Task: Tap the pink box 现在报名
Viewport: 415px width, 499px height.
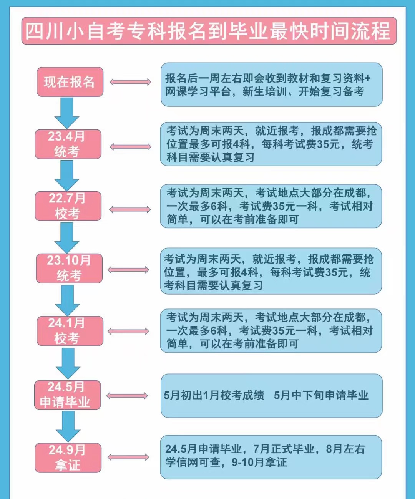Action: (x=70, y=82)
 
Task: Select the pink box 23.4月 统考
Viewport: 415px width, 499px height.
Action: (x=68, y=144)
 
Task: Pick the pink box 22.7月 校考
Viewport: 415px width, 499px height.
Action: (x=68, y=206)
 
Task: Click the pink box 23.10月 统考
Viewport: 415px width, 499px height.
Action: (x=69, y=268)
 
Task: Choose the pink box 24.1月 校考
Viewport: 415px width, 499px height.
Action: (x=70, y=331)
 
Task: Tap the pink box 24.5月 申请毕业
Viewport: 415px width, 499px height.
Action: (x=67, y=395)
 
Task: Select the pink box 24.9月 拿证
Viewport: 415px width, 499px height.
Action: (x=68, y=458)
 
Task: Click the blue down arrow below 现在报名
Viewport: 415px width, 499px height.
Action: (x=67, y=113)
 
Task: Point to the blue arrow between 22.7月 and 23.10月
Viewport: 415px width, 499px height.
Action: (x=67, y=237)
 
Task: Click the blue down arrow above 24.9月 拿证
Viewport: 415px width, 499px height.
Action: (x=68, y=426)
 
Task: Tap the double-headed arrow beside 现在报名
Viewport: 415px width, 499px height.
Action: (x=130, y=82)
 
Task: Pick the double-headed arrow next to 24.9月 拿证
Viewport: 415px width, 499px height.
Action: (x=128, y=457)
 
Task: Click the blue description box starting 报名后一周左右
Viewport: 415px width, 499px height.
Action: (x=271, y=85)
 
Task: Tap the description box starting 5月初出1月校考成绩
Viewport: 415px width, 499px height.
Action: (x=271, y=396)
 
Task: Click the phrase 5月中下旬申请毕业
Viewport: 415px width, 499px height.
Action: (x=321, y=395)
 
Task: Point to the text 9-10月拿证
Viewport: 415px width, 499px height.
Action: (x=259, y=462)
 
